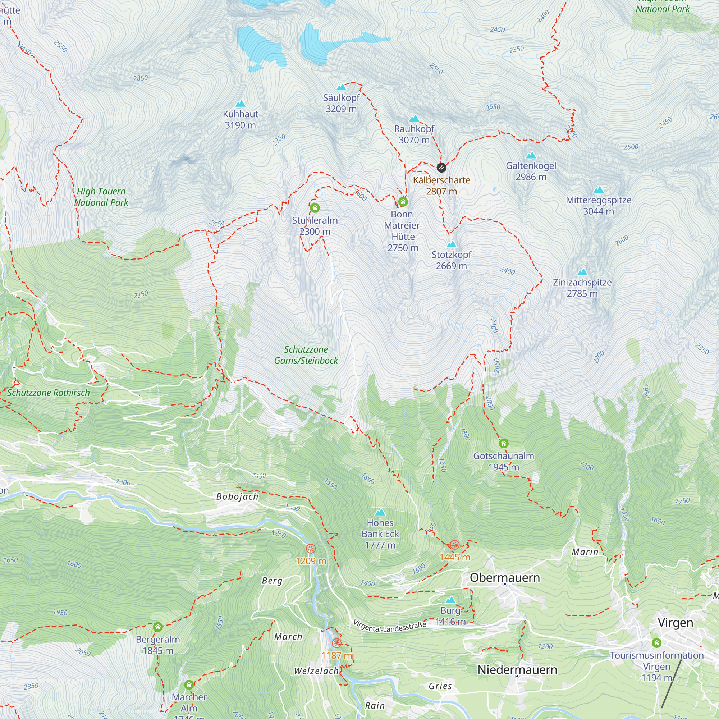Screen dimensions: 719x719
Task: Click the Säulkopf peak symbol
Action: (341, 87)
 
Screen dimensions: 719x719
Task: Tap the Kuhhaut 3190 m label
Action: (240, 119)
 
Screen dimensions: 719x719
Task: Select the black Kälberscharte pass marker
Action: (441, 168)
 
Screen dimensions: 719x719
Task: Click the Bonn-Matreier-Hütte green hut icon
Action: (403, 202)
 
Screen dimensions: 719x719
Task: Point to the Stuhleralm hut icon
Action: (315, 208)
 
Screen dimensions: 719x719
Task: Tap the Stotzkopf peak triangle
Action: (452, 244)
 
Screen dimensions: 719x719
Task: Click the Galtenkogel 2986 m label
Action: (531, 171)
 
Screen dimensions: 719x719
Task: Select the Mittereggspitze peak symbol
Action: (599, 190)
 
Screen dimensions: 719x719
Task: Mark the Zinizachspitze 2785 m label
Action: (582, 288)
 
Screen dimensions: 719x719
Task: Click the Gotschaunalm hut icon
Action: (504, 443)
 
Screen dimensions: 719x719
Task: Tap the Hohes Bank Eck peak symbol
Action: (380, 512)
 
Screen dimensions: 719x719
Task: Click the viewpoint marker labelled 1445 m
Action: (454, 545)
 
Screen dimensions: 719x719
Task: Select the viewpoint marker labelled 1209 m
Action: (311, 549)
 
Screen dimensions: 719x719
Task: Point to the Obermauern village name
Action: (505, 578)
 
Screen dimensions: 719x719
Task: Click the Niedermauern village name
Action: (517, 670)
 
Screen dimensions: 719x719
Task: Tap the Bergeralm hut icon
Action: (158, 627)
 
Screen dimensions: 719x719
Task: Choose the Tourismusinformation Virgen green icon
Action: (656, 643)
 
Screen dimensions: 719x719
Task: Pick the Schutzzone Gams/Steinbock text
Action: (306, 355)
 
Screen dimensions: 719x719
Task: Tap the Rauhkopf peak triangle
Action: (414, 119)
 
